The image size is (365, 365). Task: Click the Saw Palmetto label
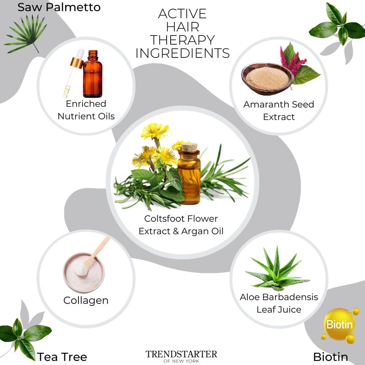[59, 7]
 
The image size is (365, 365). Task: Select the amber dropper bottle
[93, 74]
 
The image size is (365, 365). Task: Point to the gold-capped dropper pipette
[73, 73]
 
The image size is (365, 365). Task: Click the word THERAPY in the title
[182, 40]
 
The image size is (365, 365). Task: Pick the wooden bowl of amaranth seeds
[267, 79]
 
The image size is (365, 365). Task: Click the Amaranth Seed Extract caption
[279, 110]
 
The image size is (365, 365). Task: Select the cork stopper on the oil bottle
[189, 147]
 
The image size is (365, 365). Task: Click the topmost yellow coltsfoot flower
[155, 131]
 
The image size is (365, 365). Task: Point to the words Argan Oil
[202, 231]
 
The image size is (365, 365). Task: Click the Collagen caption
[86, 301]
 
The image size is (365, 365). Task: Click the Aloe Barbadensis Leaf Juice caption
[279, 303]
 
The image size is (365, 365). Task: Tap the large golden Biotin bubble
[340, 324]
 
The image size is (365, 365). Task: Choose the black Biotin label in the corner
[330, 357]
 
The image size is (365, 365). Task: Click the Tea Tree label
[62, 357]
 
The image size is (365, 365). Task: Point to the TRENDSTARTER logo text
[181, 354]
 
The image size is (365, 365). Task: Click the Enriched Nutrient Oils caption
[86, 110]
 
